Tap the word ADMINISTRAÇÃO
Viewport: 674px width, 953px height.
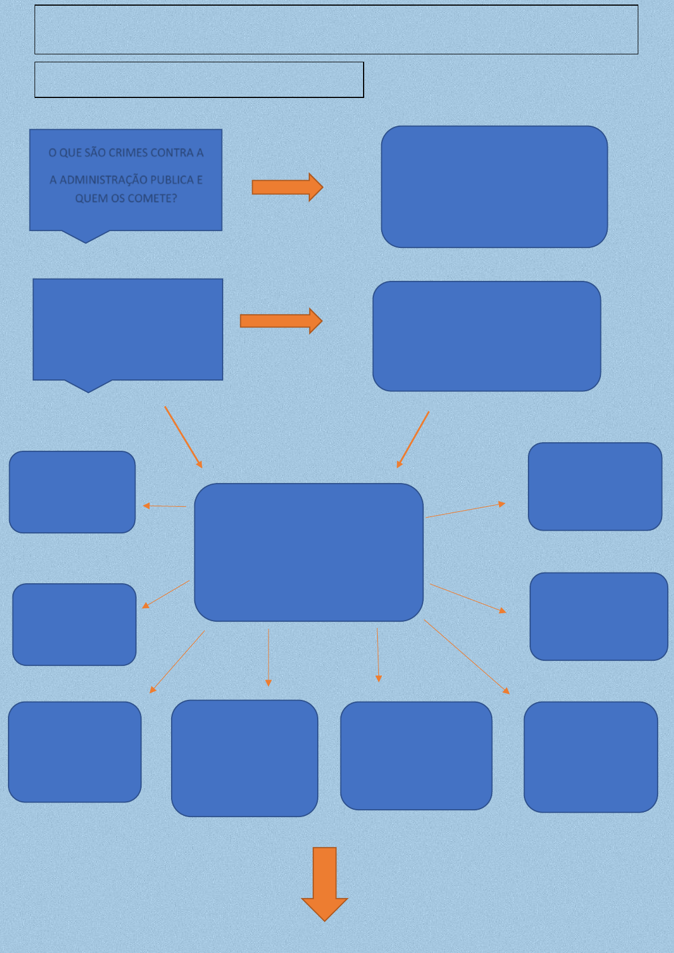(x=113, y=180)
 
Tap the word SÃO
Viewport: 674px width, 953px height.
(x=95, y=153)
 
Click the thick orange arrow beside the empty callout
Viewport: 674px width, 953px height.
(x=281, y=321)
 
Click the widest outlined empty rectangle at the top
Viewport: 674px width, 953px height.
(x=336, y=30)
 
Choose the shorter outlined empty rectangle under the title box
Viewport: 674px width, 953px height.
(x=199, y=80)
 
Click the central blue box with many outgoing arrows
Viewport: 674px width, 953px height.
(x=309, y=552)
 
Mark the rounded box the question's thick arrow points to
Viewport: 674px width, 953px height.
(x=494, y=187)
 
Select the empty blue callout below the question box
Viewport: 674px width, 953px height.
(x=128, y=330)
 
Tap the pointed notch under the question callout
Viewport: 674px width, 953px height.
(x=86, y=237)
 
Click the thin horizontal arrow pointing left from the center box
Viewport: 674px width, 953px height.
(x=164, y=506)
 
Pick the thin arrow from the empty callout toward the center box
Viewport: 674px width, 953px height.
(x=183, y=437)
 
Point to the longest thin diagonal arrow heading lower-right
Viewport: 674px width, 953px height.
(x=467, y=657)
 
